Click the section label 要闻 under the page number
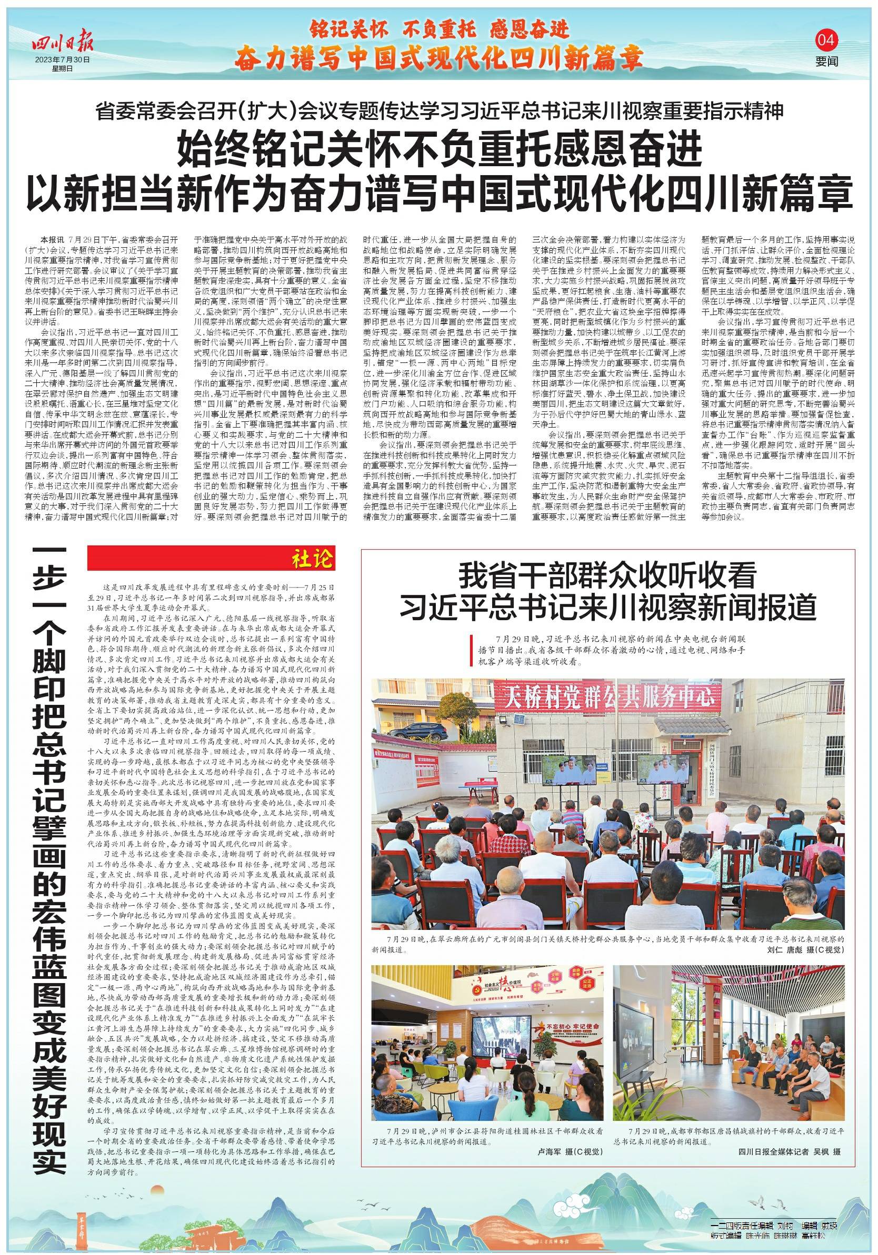tap(826, 62)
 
